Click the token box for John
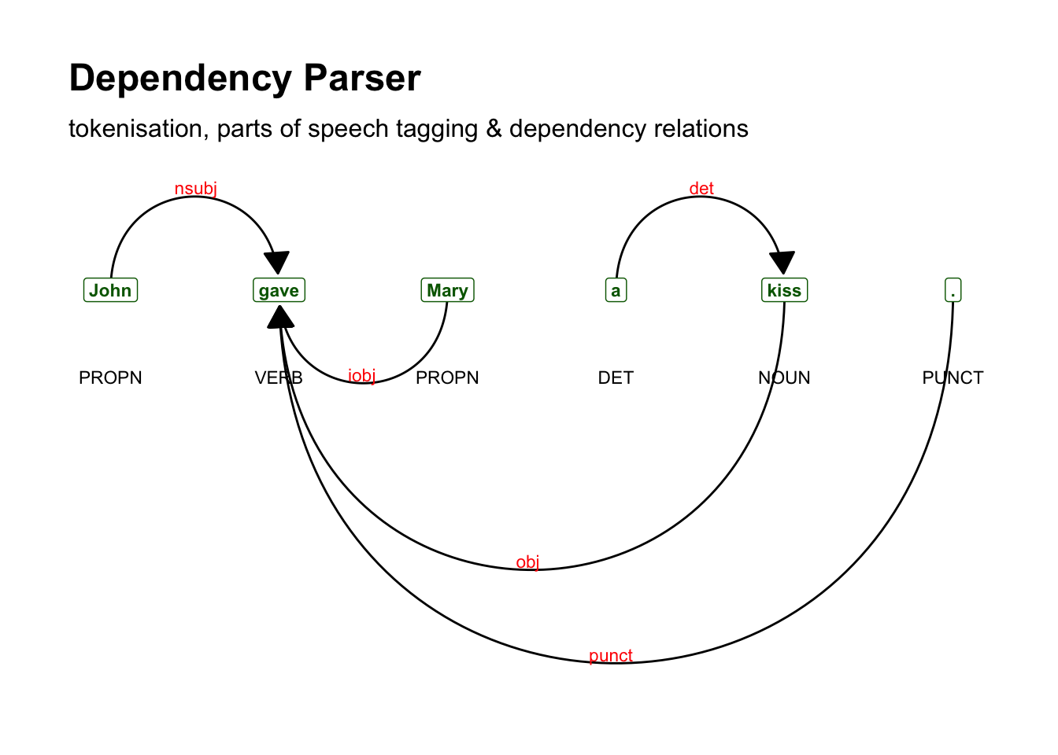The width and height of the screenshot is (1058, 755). click(x=110, y=290)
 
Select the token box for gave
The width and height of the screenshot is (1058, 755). click(x=279, y=290)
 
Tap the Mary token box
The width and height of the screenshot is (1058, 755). click(x=447, y=290)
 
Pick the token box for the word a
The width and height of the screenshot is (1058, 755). click(x=616, y=290)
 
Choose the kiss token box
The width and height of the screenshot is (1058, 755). click(x=784, y=290)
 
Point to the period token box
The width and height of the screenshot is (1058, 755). click(x=953, y=290)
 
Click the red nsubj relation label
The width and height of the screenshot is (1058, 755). click(x=195, y=189)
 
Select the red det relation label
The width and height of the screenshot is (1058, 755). click(x=701, y=189)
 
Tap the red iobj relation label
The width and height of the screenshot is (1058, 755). click(x=361, y=376)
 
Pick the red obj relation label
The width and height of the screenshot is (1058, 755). click(x=527, y=562)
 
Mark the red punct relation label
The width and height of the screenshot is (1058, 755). click(x=610, y=656)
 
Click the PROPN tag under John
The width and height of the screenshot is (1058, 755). click(x=110, y=377)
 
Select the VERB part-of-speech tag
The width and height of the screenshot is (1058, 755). click(x=279, y=377)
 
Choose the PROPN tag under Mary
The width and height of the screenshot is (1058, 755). click(x=447, y=377)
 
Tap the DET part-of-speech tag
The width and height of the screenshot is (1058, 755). click(x=616, y=377)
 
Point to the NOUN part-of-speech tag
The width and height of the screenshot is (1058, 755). click(x=784, y=377)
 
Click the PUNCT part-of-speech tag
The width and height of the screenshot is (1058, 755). click(x=953, y=377)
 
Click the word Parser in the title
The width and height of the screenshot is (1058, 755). click(x=362, y=79)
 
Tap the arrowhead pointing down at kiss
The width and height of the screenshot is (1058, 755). click(x=782, y=263)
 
